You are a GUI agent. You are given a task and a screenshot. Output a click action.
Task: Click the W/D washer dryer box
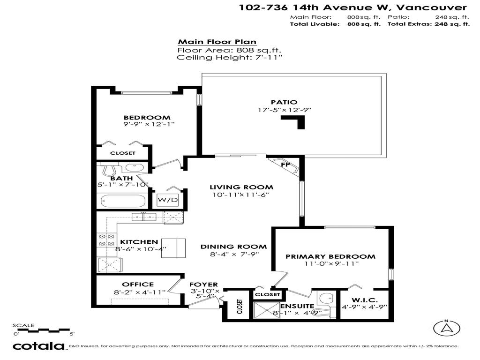tap(168, 200)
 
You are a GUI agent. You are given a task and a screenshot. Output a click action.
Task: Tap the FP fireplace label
tap(285, 165)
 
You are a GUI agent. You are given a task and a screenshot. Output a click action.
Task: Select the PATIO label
tap(284, 102)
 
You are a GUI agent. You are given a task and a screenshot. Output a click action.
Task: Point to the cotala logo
tap(38, 346)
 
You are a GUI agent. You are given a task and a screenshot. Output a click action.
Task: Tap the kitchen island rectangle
tap(174, 247)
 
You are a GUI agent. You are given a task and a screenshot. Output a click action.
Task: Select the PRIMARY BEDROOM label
tap(330, 256)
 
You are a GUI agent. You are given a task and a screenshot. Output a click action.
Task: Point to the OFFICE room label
tap(138, 284)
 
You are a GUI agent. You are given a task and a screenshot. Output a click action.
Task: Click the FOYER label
tap(203, 284)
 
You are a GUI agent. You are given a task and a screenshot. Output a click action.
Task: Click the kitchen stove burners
tap(106, 240)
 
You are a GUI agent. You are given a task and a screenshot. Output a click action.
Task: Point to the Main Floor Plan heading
tap(217, 42)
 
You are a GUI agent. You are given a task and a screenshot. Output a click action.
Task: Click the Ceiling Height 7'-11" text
tap(229, 58)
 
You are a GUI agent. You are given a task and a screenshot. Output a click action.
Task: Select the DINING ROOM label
tap(233, 247)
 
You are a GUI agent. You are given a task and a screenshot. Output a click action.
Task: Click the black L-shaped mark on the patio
tap(295, 122)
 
